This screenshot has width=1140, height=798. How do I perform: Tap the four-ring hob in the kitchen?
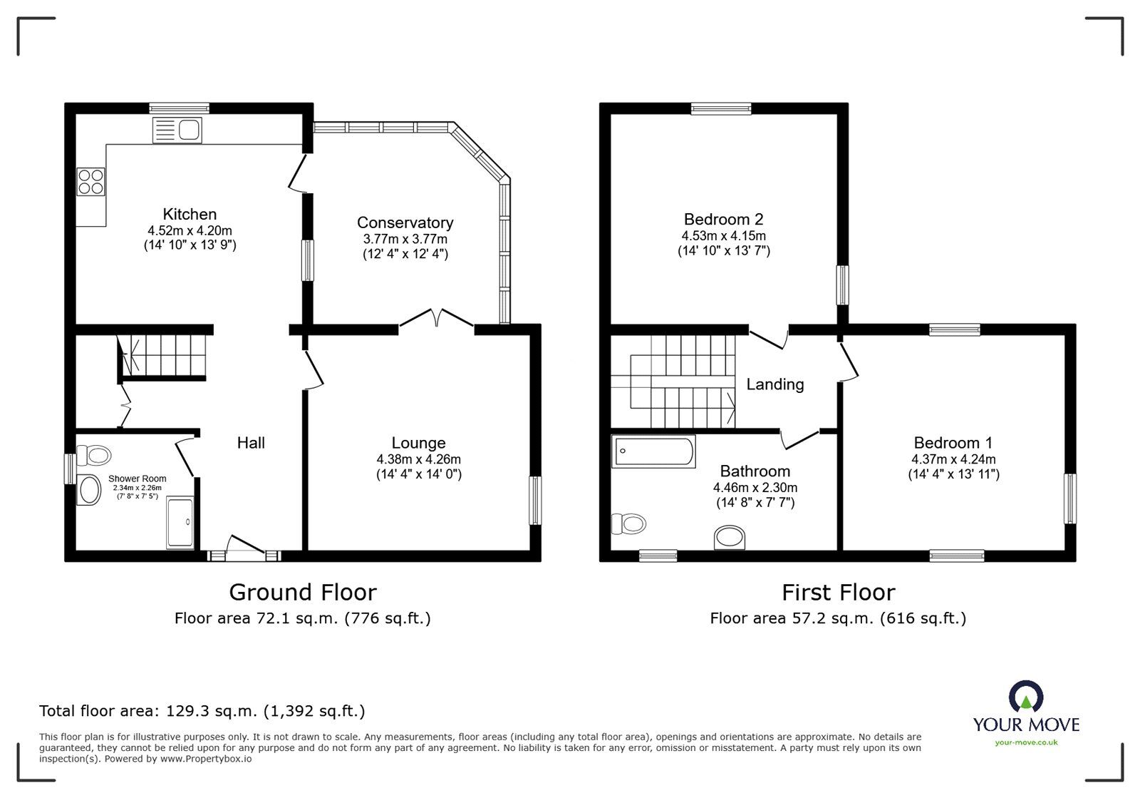(91, 180)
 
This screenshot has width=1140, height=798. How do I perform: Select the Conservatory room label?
(405, 222)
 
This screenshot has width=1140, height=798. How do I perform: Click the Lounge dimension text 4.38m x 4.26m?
(418, 459)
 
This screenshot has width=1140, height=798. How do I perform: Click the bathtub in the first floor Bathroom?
(653, 451)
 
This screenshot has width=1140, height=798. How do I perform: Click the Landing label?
(774, 384)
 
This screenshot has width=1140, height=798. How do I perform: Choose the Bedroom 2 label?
(723, 219)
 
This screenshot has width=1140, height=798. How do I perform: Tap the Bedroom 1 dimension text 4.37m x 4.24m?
(953, 459)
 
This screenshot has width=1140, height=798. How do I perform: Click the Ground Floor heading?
(302, 592)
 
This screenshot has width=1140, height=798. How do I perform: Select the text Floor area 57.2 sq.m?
(791, 618)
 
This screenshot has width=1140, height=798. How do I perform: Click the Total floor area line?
(202, 710)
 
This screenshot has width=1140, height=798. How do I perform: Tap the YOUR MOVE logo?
(1026, 713)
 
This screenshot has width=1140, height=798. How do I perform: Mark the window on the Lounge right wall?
(535, 501)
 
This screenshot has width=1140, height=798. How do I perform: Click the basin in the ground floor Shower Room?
(90, 490)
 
